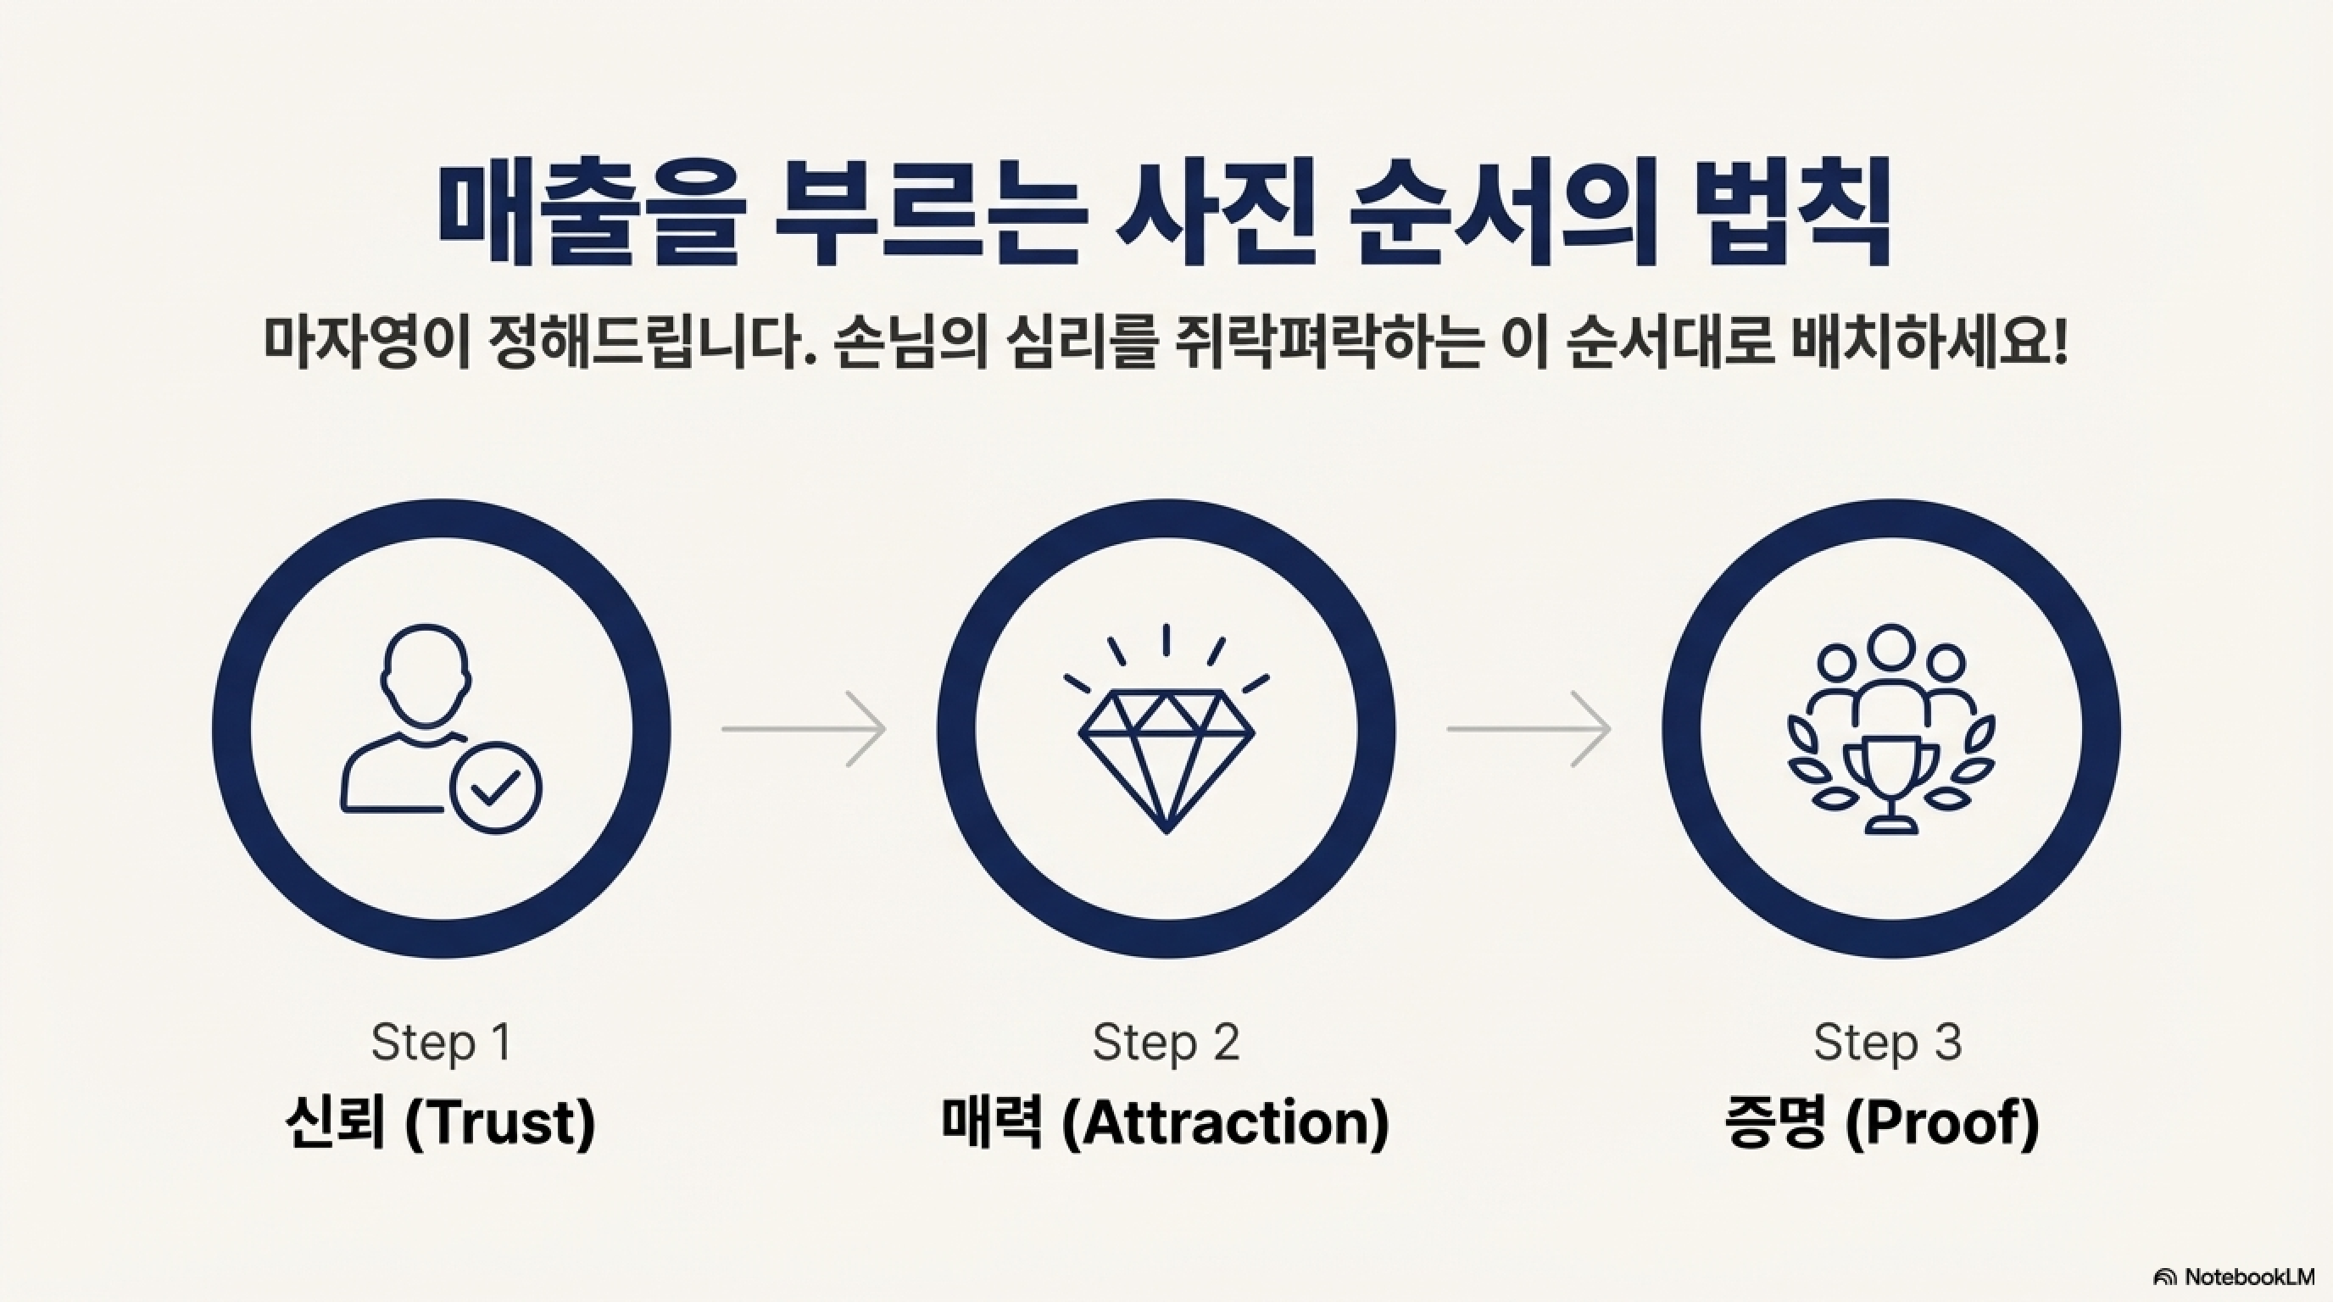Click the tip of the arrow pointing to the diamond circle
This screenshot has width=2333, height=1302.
point(885,729)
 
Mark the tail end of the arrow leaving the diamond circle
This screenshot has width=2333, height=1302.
point(1447,729)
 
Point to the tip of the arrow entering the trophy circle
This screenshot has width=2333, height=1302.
point(1610,729)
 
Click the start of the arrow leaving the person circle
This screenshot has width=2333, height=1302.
point(723,729)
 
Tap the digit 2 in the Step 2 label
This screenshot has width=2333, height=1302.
point(1223,1043)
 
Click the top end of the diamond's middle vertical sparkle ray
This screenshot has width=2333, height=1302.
point(1166,626)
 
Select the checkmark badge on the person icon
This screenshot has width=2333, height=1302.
point(495,787)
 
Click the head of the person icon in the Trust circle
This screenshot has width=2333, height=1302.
point(426,676)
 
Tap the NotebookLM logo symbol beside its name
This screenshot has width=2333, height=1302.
point(2164,1277)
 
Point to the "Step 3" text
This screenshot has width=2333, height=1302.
point(1888,1043)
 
